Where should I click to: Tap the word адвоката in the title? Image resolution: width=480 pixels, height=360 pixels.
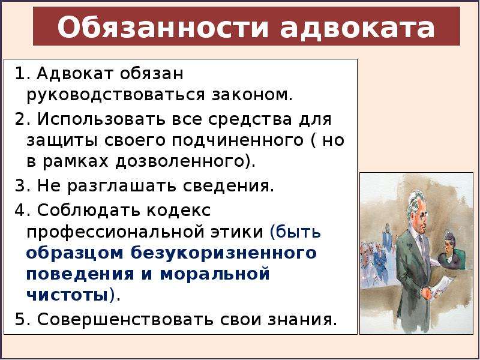tap(357, 27)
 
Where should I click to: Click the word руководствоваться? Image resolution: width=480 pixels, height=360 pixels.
tap(115, 95)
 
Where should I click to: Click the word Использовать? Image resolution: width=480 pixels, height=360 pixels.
tap(119, 119)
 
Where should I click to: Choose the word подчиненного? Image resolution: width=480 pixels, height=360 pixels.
tap(238, 141)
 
